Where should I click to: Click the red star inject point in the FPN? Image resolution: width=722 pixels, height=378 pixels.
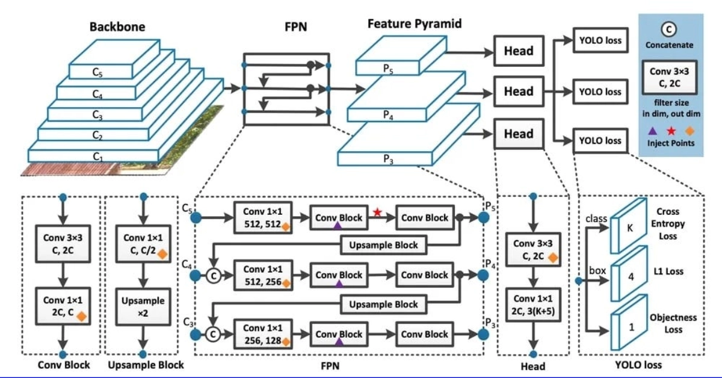(x=377, y=211)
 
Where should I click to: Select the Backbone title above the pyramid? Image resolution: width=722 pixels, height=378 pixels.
(x=117, y=27)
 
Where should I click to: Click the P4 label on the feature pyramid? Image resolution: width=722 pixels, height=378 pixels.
(x=388, y=117)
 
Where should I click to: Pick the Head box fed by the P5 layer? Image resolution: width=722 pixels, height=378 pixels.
(x=518, y=51)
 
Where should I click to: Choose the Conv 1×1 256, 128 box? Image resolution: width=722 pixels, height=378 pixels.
(x=266, y=335)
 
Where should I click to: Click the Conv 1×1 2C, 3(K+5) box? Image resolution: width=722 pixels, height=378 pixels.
(x=532, y=306)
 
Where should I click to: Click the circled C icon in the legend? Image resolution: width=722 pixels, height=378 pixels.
(x=669, y=29)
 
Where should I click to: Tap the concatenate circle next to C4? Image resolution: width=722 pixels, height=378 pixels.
(x=212, y=276)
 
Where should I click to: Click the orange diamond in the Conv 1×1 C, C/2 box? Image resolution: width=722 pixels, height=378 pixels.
(x=161, y=253)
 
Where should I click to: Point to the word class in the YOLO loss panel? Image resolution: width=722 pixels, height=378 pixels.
(x=596, y=219)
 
